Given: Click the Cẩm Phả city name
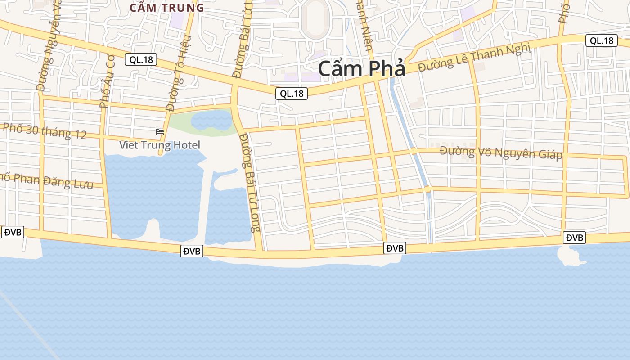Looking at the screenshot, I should click(x=362, y=69).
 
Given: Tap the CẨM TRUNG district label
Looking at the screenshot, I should click(x=166, y=8).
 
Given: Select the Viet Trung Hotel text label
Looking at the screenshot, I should click(x=159, y=145).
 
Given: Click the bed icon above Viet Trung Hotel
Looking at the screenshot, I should click(x=159, y=132).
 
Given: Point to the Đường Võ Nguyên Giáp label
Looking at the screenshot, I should click(x=501, y=153).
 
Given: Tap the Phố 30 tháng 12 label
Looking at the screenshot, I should click(x=45, y=131).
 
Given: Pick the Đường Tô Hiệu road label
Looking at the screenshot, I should click(x=179, y=73).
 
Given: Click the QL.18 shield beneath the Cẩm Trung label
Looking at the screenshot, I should click(x=140, y=59).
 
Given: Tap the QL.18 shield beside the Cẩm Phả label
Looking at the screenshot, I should click(x=292, y=94).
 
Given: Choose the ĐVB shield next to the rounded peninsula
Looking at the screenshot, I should click(x=574, y=238).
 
